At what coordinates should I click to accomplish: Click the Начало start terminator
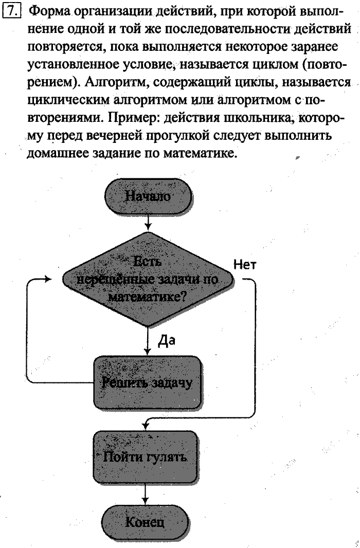[x=148, y=196]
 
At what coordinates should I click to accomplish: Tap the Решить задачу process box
[x=147, y=382]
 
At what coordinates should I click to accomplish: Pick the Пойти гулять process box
[x=146, y=456]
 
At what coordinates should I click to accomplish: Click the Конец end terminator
[x=146, y=522]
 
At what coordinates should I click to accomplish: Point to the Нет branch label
[x=245, y=264]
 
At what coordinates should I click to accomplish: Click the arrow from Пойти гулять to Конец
[x=146, y=492]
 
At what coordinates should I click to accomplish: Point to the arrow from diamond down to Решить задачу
[x=148, y=341]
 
